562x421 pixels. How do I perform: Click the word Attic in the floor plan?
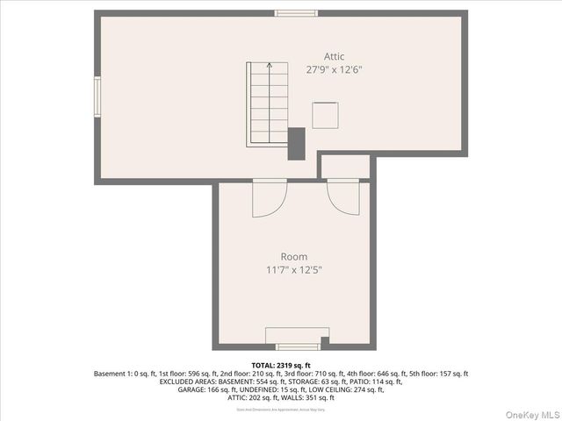point(334,56)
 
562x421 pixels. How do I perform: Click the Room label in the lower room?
point(294,256)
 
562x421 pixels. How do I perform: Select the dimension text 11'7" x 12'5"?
point(294,269)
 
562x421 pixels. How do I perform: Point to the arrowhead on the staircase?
point(270,65)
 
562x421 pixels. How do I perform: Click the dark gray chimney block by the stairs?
point(297,144)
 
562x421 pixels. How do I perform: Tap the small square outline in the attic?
point(325,115)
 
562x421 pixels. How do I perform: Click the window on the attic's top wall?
point(296,13)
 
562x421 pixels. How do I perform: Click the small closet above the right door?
point(344,167)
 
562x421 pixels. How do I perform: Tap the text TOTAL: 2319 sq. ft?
point(281,365)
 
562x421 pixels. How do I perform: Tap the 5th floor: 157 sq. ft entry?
point(436,374)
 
